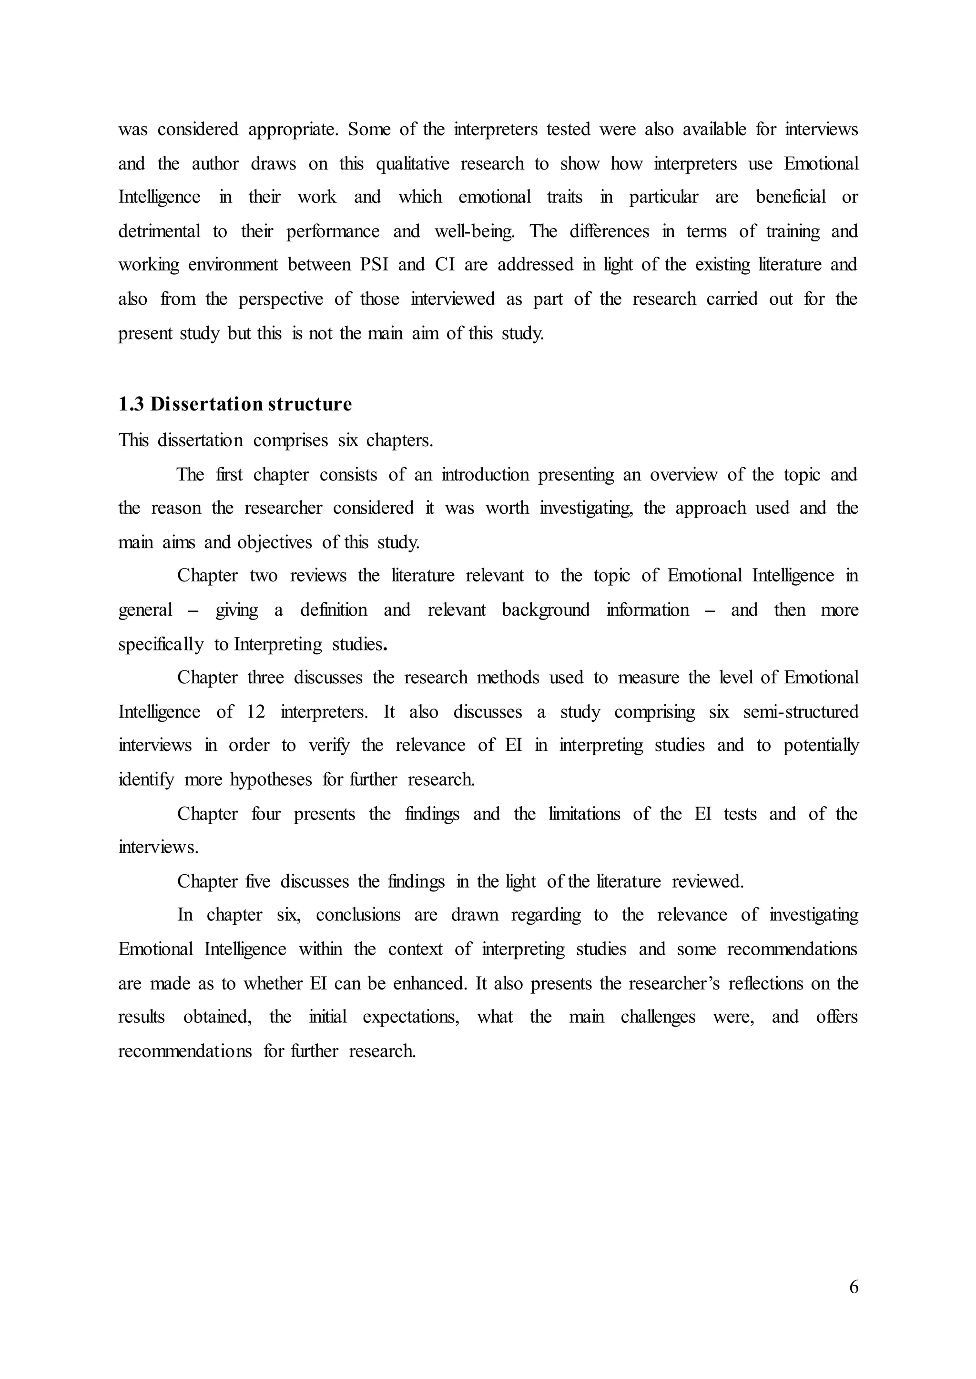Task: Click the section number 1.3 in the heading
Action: click(x=131, y=404)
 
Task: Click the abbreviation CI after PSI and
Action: click(x=445, y=265)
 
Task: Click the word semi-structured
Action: click(x=801, y=712)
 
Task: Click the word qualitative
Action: click(x=412, y=163)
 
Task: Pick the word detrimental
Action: click(x=159, y=231)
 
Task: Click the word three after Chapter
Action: click(x=265, y=678)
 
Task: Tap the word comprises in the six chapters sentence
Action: click(x=290, y=440)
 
